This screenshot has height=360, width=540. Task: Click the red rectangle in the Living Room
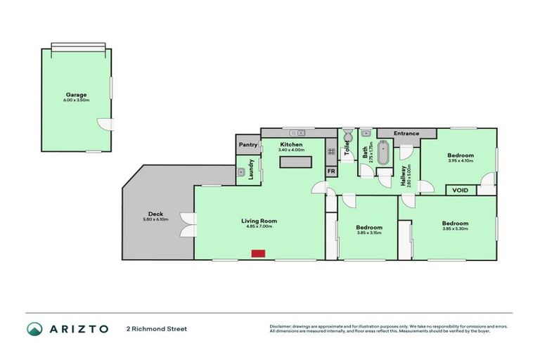point(259,253)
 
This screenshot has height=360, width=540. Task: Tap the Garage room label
point(77,94)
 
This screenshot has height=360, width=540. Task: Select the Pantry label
point(248,145)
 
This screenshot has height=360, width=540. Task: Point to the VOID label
point(460,190)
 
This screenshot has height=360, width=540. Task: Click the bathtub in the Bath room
point(383,154)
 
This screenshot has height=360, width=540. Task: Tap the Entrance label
point(406,134)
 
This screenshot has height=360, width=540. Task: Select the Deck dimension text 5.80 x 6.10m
point(155,220)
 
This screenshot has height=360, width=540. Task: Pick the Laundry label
point(251,169)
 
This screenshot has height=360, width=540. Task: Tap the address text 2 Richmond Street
point(157,328)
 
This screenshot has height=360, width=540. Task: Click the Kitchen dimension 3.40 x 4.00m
point(290,150)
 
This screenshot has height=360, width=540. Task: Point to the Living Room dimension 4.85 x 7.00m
point(259,226)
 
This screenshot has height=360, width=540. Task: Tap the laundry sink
point(240,172)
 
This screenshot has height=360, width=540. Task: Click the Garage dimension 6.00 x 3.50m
point(77,100)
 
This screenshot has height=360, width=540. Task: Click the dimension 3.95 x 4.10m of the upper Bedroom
point(461,161)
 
